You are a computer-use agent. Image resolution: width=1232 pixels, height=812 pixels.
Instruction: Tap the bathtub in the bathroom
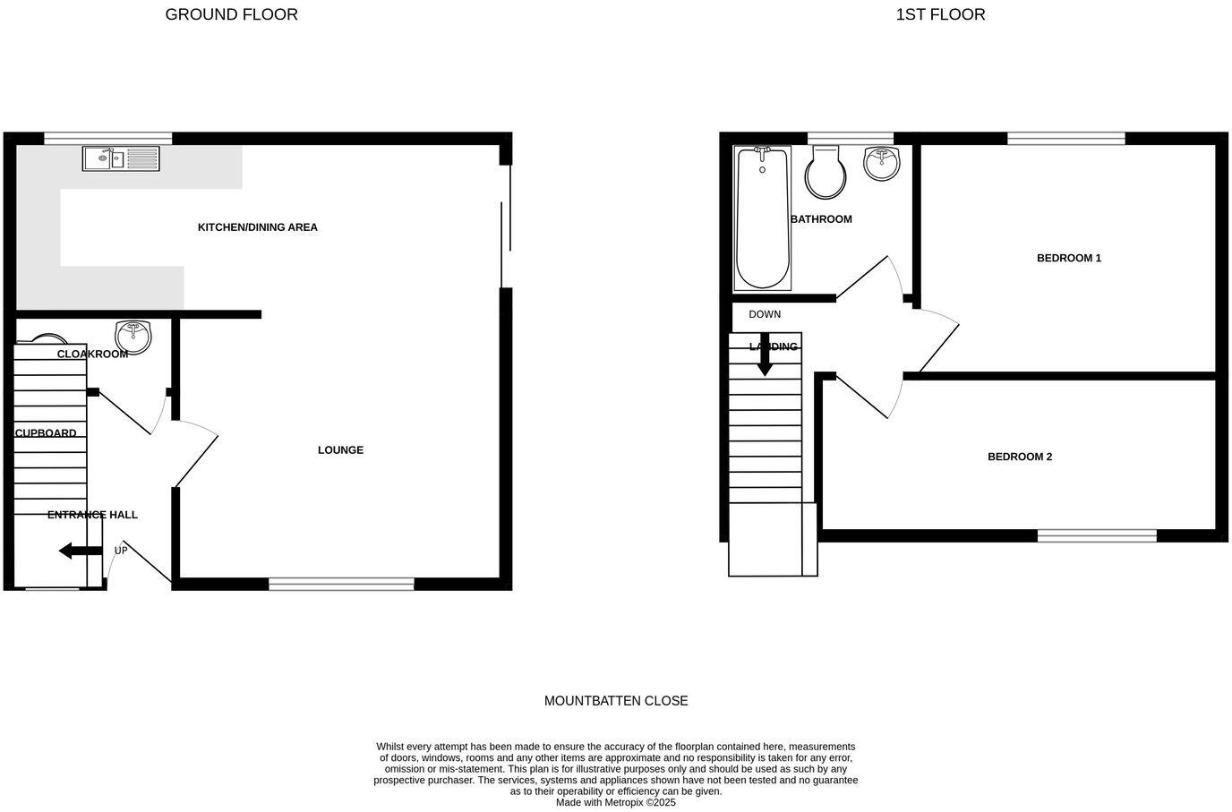coord(762,218)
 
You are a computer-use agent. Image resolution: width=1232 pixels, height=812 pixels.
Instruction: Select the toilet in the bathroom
coord(825,173)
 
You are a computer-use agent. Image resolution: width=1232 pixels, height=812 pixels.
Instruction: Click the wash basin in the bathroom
coord(882,163)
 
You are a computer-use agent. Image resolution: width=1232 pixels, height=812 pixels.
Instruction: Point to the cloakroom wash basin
coord(134,336)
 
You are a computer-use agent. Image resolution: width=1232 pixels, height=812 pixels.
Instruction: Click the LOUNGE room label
coord(340,450)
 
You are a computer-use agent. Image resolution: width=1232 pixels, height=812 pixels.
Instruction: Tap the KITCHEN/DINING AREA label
coord(258,227)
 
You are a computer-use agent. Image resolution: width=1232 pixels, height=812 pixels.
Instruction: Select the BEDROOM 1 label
coord(1068,259)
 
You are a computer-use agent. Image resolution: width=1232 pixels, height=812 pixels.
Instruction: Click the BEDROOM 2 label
coord(1019,457)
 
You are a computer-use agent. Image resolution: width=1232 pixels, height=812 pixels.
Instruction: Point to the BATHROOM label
coord(821,219)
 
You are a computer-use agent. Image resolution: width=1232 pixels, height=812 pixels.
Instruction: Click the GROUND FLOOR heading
coord(231,14)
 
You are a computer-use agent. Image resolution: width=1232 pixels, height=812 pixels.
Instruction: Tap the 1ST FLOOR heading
coord(940,14)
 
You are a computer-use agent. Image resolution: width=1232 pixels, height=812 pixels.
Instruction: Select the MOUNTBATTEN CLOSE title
coord(616,701)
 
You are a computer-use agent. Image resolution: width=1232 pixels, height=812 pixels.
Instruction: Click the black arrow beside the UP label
coord(80,551)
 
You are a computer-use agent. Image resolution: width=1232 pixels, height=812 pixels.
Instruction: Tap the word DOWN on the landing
coord(765,315)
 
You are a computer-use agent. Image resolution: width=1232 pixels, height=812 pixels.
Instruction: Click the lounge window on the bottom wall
coord(341,585)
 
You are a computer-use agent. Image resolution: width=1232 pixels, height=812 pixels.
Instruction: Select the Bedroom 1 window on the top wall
coord(1065,138)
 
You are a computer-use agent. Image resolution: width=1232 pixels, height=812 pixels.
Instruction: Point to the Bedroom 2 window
coord(1097,536)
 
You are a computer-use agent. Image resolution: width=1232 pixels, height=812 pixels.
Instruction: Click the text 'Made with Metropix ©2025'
coord(616,803)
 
